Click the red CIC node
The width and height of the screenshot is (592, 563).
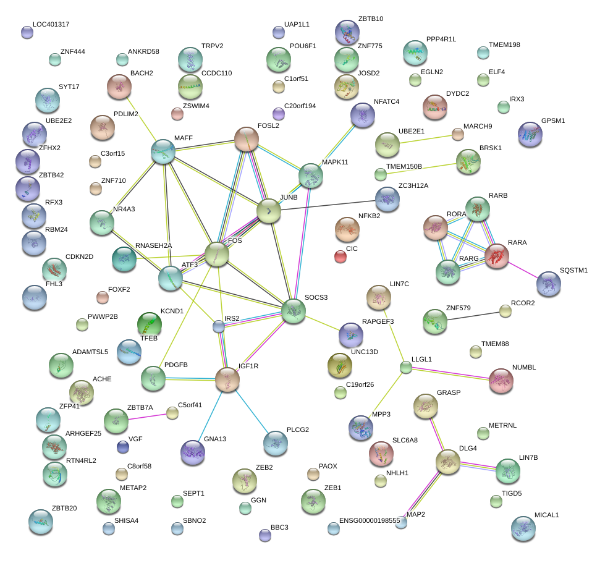pos(340,256)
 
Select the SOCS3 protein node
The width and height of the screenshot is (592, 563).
pos(294,310)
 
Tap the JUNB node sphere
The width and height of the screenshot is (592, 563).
pos(269,211)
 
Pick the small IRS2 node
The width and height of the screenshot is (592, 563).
pos(218,326)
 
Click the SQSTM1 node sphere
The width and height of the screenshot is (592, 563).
pos(548,284)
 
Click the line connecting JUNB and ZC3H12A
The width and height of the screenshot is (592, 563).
pos(328,205)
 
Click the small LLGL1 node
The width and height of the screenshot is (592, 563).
pos(405,368)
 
